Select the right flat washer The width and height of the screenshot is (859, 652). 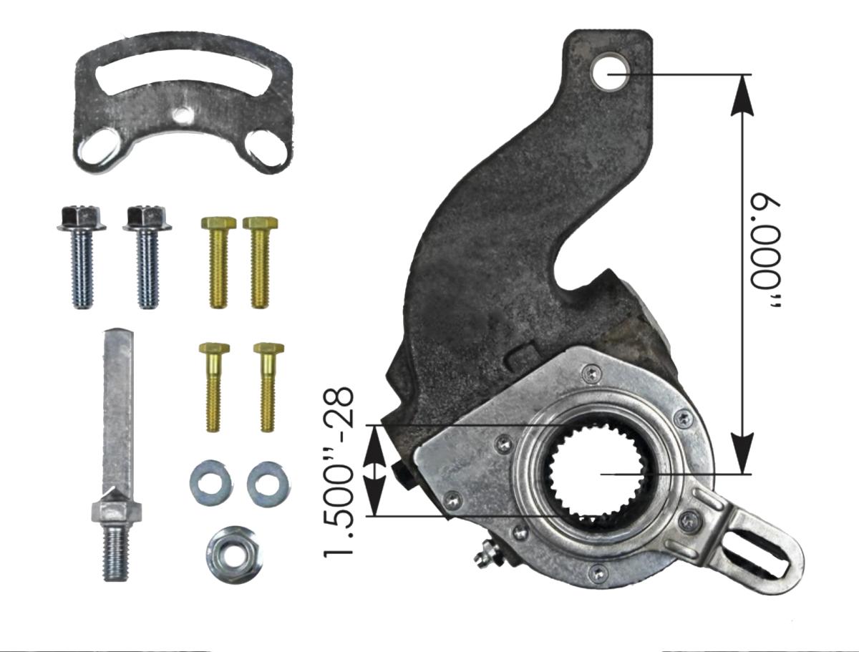[268, 480]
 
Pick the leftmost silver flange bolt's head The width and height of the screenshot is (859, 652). [80, 217]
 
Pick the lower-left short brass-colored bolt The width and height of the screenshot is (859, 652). [212, 386]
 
